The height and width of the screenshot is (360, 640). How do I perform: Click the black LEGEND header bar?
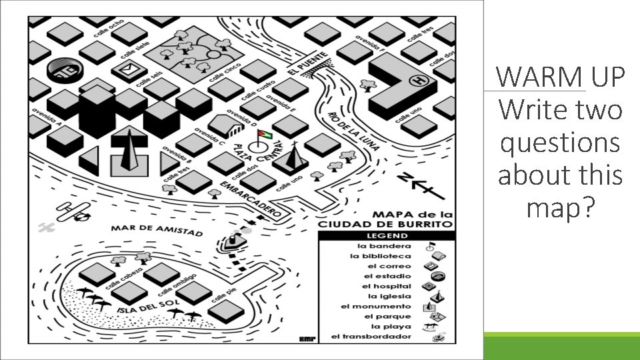tap(386, 235)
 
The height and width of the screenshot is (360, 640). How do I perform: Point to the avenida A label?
tap(46, 117)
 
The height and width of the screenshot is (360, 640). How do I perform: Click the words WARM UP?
tap(560, 77)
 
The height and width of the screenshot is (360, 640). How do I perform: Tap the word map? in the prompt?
tap(560, 209)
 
